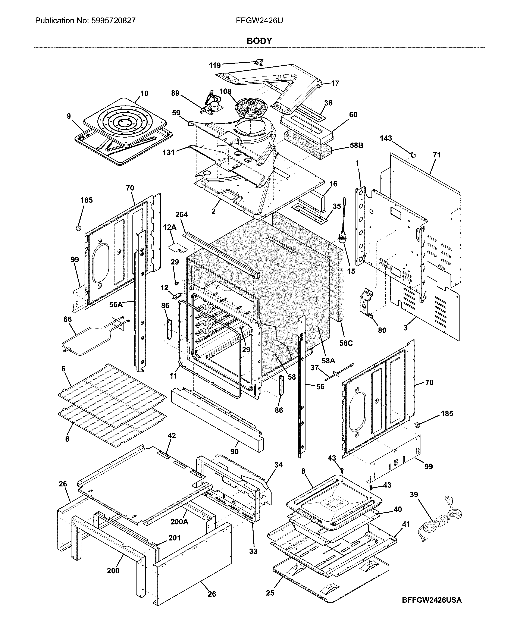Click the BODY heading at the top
259,41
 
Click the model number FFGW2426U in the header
259,21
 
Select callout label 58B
356,145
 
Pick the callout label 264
182,214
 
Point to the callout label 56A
116,305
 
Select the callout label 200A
179,521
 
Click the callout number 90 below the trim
234,451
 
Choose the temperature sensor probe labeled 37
339,374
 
